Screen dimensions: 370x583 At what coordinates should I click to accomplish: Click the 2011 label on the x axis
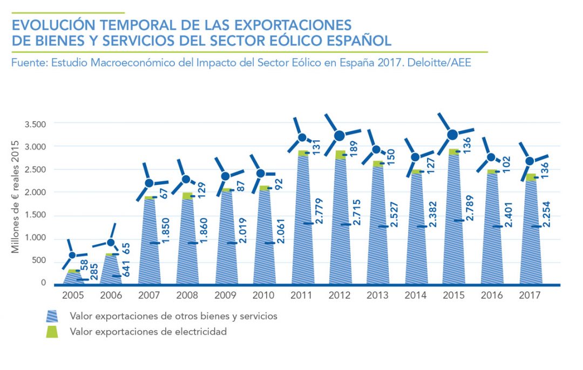pyautogui.click(x=302, y=296)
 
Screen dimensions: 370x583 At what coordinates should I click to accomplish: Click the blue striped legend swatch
pyautogui.click(x=53, y=316)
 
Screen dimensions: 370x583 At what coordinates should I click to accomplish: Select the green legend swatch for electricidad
pyautogui.click(x=53, y=332)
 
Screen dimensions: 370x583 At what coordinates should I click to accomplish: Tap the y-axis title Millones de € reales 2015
pyautogui.click(x=16, y=196)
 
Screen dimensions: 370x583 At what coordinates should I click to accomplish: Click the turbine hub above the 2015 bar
pyautogui.click(x=453, y=134)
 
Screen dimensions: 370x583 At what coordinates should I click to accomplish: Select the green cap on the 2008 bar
pyautogui.click(x=187, y=195)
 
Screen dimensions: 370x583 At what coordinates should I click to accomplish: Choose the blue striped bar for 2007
pyautogui.click(x=149, y=243)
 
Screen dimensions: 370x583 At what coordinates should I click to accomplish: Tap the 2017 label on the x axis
pyautogui.click(x=531, y=296)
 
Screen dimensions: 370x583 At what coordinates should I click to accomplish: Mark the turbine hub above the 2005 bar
pyautogui.click(x=73, y=255)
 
